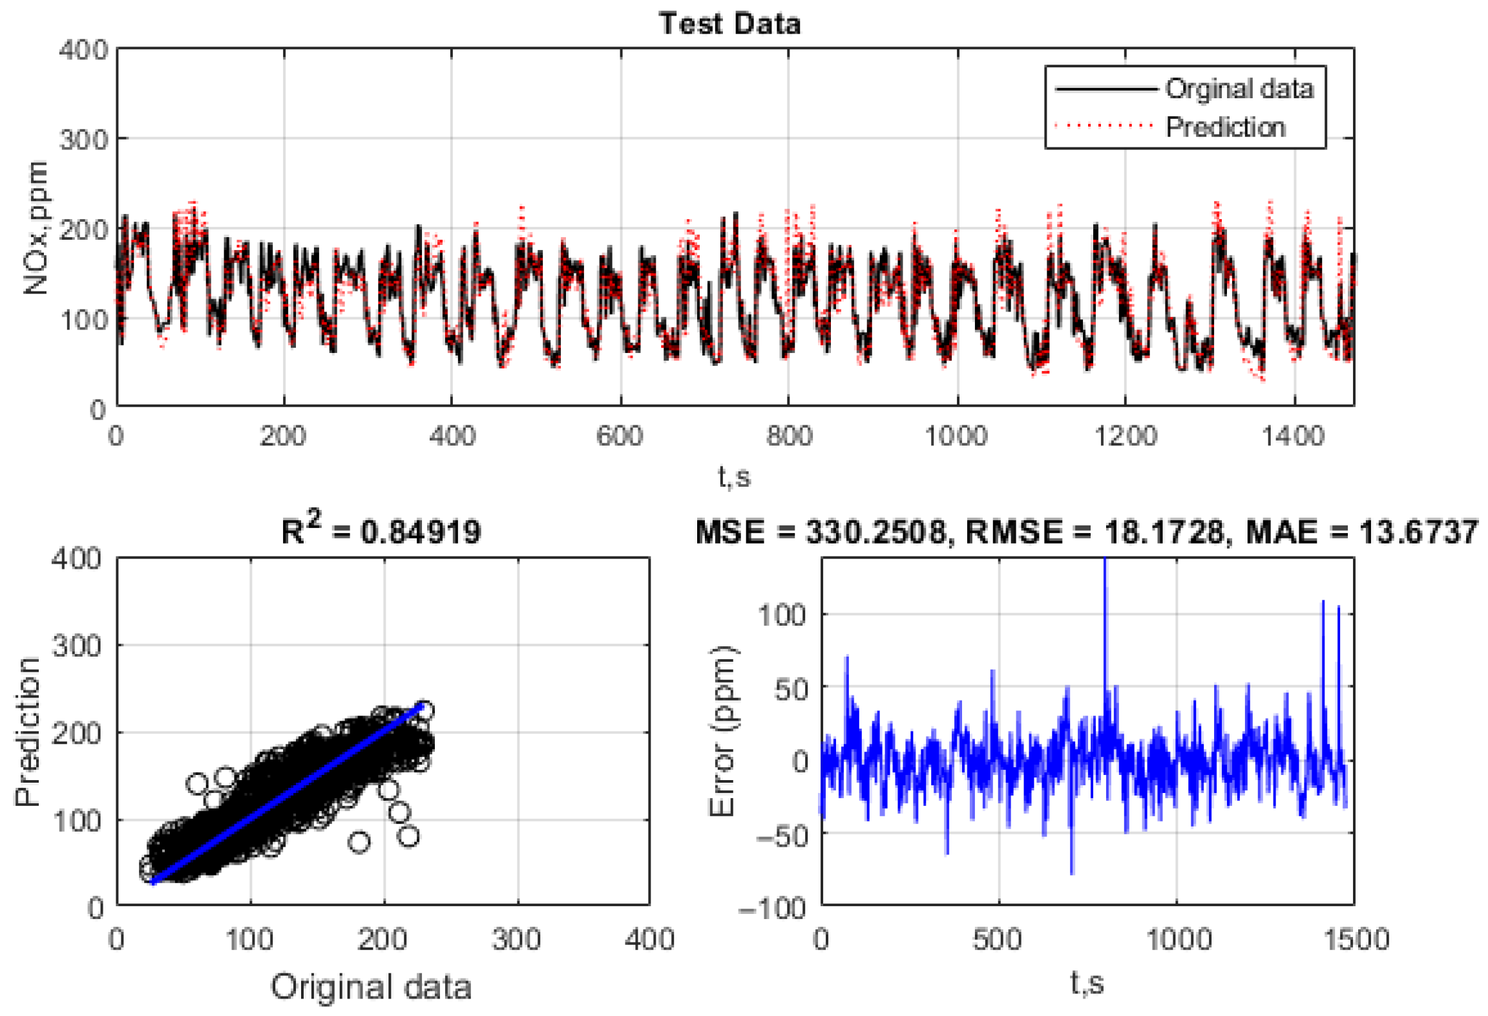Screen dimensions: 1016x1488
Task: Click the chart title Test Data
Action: pyautogui.click(x=729, y=24)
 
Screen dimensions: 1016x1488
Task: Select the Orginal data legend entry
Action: pyautogui.click(x=1238, y=89)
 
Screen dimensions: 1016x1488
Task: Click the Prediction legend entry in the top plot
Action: pyautogui.click(x=1224, y=127)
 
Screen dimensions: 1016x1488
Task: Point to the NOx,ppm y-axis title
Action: pyautogui.click(x=36, y=228)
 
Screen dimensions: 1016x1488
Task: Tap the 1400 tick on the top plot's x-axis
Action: pyautogui.click(x=1293, y=436)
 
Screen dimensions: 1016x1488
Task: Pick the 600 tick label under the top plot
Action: pyautogui.click(x=620, y=436)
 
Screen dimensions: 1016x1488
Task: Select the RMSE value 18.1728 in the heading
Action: pyautogui.click(x=1164, y=532)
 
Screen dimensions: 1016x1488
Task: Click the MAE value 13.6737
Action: pyautogui.click(x=1418, y=532)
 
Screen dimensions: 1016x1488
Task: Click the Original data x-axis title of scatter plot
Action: pyautogui.click(x=371, y=986)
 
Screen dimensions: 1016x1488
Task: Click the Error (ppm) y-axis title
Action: pyautogui.click(x=722, y=731)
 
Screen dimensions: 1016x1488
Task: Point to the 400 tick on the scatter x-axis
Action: pyautogui.click(x=649, y=938)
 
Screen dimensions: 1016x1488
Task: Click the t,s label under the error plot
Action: pyautogui.click(x=1086, y=982)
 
